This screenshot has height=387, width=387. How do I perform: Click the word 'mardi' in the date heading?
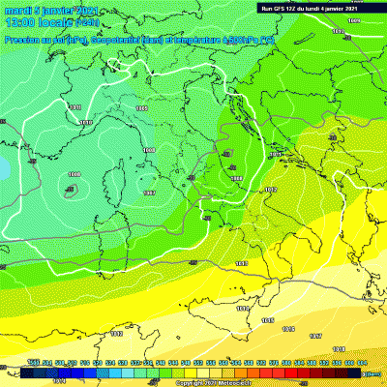[17, 9]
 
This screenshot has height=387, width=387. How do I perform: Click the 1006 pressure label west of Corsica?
[74, 174]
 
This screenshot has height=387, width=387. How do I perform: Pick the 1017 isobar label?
[315, 336]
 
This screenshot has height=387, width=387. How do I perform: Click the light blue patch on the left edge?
[4, 167]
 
